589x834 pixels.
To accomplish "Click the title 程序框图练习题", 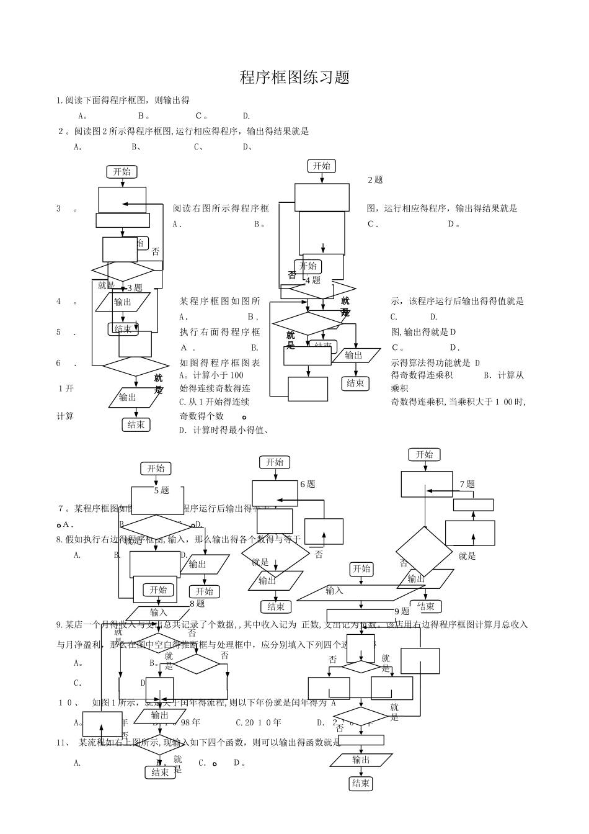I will (295, 78).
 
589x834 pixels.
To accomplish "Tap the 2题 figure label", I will (375, 180).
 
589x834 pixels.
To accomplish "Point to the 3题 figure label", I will (135, 288).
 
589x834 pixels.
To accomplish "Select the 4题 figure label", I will (312, 280).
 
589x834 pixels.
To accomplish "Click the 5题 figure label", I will (161, 490).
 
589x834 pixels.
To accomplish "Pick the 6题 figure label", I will (308, 484).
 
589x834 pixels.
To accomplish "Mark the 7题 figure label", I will (467, 484).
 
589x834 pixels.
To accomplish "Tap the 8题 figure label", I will (197, 603).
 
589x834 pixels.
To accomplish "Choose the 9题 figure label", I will (402, 611).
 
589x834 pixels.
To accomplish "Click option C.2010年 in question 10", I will (259, 722).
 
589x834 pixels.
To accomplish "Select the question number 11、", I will (65, 742).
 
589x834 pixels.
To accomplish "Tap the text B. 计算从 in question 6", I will (503, 375).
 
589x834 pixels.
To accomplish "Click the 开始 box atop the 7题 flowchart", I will (424, 455).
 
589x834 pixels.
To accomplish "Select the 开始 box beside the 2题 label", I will (322, 166).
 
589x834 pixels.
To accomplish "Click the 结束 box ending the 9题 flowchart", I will (361, 783).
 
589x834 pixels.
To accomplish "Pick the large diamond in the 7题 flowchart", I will (424, 552).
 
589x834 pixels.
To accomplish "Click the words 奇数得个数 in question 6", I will (201, 416).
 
